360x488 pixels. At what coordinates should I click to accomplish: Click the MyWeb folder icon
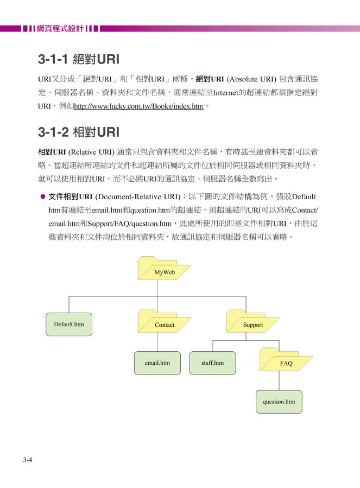[x=164, y=268]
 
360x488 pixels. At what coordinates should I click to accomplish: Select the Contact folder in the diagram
[x=164, y=321]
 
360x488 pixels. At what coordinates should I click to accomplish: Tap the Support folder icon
[x=252, y=321]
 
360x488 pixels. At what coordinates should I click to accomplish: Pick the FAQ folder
[x=286, y=359]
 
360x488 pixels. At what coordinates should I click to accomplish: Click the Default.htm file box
[x=69, y=324]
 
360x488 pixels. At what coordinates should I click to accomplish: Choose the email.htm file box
[x=157, y=363]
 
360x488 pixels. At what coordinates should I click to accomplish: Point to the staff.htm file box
[x=212, y=363]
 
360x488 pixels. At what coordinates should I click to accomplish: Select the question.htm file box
[x=279, y=402]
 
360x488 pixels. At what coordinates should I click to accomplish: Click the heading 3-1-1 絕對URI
[x=79, y=59]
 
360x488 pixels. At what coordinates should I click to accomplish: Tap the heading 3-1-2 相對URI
[x=79, y=132]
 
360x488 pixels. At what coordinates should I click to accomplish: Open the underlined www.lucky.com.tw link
[x=138, y=106]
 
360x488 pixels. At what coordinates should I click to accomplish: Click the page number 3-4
[x=27, y=460]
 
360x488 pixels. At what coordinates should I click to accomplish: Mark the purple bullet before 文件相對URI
[x=43, y=197]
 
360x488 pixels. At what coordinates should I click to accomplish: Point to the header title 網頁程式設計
[x=60, y=29]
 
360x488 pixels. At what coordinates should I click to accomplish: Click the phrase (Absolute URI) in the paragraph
[x=251, y=79]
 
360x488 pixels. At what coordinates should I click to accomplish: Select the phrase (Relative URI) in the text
[x=91, y=152]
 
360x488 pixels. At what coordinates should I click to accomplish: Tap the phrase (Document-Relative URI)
[x=138, y=197]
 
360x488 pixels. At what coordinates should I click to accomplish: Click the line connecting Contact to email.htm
[x=157, y=342]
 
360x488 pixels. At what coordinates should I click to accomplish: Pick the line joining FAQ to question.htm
[x=279, y=381]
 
